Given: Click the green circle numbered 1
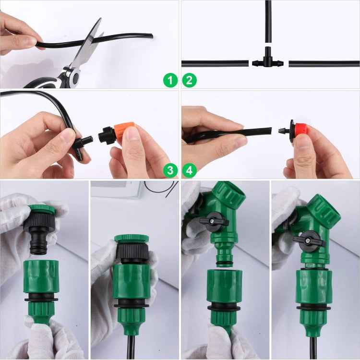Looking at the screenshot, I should [170, 80].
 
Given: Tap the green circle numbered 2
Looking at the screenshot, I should [189, 80].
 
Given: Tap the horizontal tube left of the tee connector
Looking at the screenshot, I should [216, 63].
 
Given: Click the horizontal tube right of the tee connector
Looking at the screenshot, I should [322, 63].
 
